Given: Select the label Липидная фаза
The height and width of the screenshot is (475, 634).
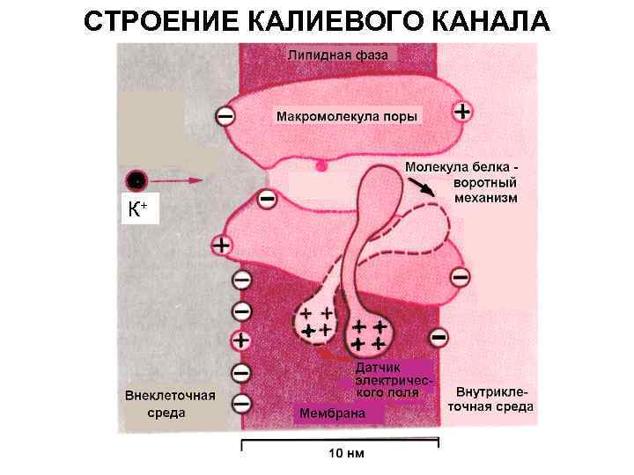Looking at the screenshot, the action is pyautogui.click(x=342, y=55).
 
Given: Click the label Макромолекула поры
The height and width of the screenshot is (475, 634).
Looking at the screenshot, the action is pyautogui.click(x=347, y=116).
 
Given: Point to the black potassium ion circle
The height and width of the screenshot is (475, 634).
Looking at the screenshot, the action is pyautogui.click(x=136, y=181).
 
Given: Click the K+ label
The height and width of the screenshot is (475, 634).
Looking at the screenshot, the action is pyautogui.click(x=137, y=210).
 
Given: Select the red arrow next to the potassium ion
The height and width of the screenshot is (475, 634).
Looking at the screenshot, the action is pyautogui.click(x=180, y=180).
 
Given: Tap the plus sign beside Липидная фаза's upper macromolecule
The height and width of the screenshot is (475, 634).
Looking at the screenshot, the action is pyautogui.click(x=461, y=112).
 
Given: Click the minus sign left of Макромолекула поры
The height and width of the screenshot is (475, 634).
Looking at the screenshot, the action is pyautogui.click(x=225, y=115).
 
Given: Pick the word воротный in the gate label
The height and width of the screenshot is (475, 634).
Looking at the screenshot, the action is pyautogui.click(x=483, y=182).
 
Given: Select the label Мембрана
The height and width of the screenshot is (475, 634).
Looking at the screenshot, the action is pyautogui.click(x=328, y=412).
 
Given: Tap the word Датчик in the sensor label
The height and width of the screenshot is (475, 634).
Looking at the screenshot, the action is pyautogui.click(x=379, y=367).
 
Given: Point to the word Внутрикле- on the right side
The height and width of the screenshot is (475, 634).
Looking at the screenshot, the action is pyautogui.click(x=494, y=391).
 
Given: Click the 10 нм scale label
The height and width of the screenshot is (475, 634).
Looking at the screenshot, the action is pyautogui.click(x=346, y=454).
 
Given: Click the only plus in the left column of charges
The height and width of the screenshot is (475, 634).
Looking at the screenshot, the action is pyautogui.click(x=240, y=340).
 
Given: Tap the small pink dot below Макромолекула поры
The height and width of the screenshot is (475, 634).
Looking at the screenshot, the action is pyautogui.click(x=321, y=164).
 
